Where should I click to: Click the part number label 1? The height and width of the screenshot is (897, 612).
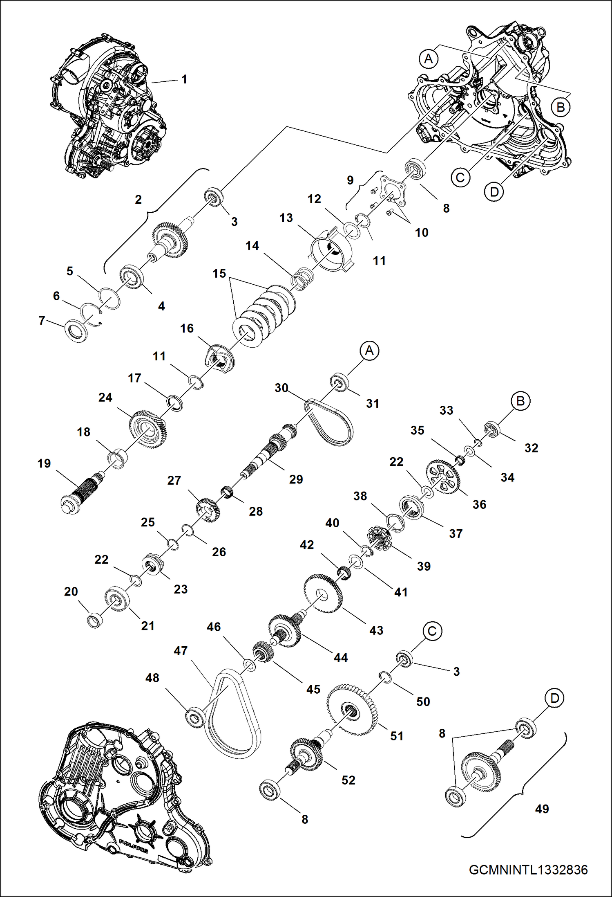[x=184, y=79]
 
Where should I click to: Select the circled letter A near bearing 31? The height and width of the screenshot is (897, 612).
[x=369, y=351]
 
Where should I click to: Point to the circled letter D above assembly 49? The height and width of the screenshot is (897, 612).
[x=554, y=698]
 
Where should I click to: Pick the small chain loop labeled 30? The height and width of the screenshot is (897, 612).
[x=329, y=423]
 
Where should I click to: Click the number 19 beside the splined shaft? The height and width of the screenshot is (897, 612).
[x=44, y=463]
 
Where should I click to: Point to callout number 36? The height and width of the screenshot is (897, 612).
[x=479, y=504]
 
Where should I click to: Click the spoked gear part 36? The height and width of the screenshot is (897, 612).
[x=443, y=477]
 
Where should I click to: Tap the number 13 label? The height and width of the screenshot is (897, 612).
[x=286, y=218]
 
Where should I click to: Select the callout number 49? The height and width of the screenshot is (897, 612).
[x=542, y=809]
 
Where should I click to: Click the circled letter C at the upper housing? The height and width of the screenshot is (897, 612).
[x=460, y=178]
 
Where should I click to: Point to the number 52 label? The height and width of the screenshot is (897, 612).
[x=348, y=780]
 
